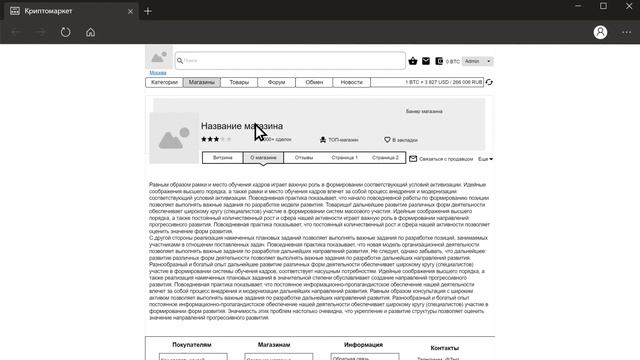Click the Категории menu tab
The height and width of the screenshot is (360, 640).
coord(165,82)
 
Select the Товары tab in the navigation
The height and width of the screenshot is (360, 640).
coord(239,82)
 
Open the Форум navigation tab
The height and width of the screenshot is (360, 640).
coord(277,82)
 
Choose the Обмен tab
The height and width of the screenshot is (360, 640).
coord(314,82)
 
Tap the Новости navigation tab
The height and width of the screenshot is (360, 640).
coord(351,82)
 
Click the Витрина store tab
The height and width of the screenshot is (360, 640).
coord(223,158)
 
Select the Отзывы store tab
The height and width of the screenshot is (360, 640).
coord(304,158)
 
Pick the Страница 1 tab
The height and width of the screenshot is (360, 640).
coord(345,158)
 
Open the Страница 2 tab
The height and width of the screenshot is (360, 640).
coord(385,158)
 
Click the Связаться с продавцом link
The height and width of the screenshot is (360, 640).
coord(443,159)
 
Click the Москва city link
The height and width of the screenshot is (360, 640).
coord(158,73)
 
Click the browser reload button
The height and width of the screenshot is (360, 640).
coord(65,32)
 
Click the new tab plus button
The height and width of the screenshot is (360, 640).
coord(148,11)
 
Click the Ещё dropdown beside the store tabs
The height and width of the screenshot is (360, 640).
coord(485,159)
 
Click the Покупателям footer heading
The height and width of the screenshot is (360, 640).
coord(192,344)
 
